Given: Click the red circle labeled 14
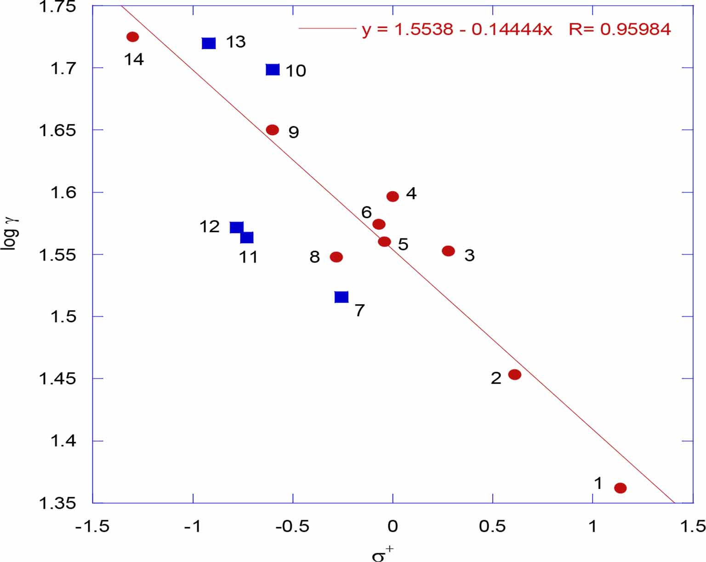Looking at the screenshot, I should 132,37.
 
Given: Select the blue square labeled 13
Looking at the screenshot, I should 209,43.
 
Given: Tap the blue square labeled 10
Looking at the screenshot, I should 273,70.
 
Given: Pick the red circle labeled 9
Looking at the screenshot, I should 273,130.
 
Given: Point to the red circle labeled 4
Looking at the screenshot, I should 393,197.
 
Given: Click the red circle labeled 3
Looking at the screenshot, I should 448,251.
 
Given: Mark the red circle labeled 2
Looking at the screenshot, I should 515,375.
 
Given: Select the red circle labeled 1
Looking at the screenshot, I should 620,488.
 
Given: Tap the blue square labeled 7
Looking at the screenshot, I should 342,297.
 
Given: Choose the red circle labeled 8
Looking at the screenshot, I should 336,257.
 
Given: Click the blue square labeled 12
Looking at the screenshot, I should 236,227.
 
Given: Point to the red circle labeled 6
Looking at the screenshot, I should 379,224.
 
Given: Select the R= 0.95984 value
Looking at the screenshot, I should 620,29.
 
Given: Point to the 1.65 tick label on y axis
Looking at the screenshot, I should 57,131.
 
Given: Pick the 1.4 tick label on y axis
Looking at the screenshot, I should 63,441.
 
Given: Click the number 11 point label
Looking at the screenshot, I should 248,257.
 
